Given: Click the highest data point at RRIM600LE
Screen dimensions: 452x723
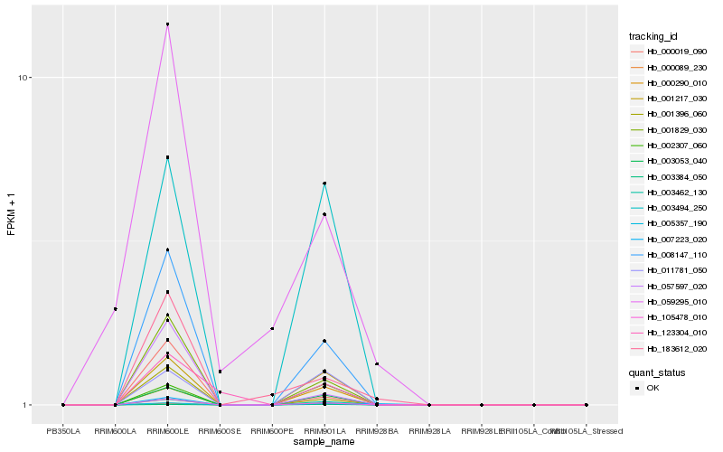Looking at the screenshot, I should [x=167, y=24].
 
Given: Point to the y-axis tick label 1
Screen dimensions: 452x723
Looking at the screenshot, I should [x=28, y=405].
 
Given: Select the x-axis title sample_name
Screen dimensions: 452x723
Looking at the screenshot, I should [x=324, y=441].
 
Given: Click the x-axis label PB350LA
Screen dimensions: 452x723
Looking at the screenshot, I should [x=63, y=430].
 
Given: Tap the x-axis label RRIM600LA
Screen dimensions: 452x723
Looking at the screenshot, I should [x=115, y=430].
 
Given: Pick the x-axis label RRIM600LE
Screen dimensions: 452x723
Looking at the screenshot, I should [x=167, y=430].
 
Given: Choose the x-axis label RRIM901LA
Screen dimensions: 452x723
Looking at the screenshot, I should [x=324, y=430].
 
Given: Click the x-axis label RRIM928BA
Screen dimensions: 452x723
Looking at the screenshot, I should [x=377, y=430].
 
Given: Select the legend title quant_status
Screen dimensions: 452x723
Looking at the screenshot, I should [x=657, y=372].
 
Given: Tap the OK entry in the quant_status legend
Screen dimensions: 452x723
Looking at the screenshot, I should [x=653, y=387].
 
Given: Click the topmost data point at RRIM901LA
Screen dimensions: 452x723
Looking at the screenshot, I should [x=324, y=184].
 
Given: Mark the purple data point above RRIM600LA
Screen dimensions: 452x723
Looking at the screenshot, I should [x=116, y=309].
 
